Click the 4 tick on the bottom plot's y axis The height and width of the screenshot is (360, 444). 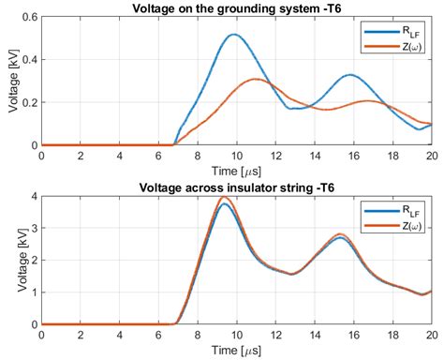(33, 198)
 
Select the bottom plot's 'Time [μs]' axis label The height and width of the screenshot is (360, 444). (236, 350)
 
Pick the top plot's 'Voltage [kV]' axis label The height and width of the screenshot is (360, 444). (11, 82)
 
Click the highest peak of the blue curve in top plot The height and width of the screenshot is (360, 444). (233, 36)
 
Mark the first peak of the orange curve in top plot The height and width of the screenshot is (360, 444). (257, 80)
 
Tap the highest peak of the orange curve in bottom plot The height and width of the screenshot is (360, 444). (223, 198)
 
